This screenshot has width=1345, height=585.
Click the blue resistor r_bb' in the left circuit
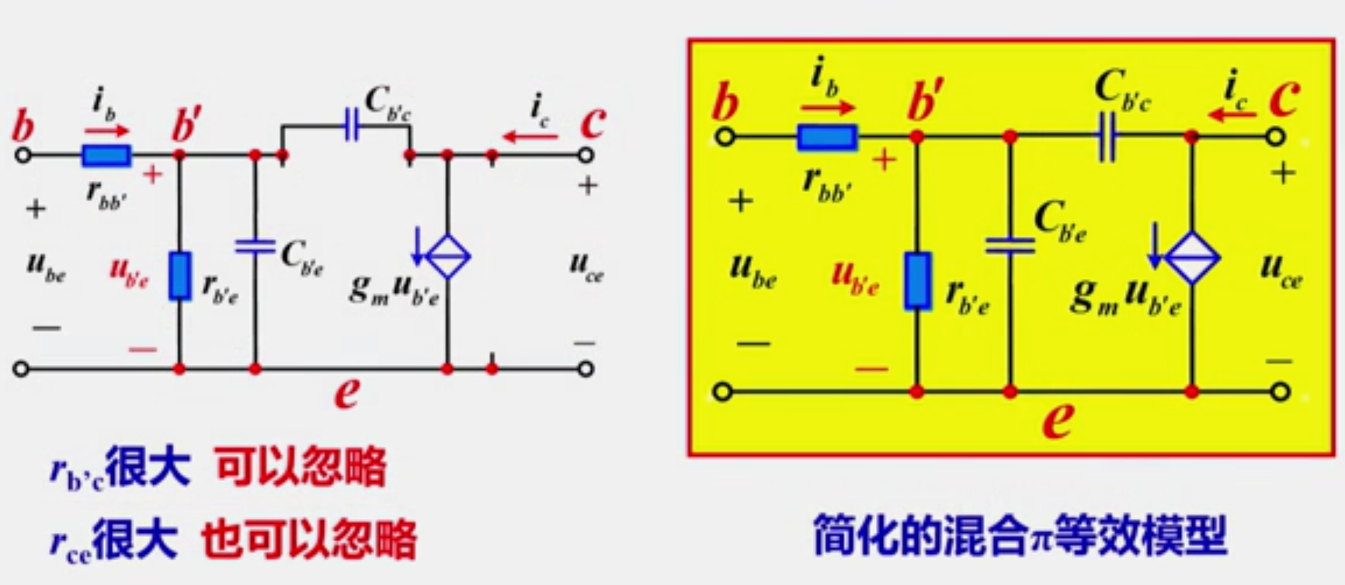(106, 155)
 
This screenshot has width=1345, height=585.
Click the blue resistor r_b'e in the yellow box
(917, 280)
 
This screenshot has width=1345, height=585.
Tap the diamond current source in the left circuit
(448, 256)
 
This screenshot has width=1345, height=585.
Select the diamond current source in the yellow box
(1192, 259)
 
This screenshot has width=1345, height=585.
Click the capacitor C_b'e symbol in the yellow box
(1010, 245)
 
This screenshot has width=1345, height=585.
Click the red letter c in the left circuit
(593, 122)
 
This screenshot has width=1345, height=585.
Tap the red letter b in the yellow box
(725, 102)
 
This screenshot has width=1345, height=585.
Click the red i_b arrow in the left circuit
(107, 131)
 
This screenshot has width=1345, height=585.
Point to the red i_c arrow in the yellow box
(1232, 115)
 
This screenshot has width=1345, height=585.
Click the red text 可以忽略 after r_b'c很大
(301, 468)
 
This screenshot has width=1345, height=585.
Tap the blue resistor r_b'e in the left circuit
(180, 276)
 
